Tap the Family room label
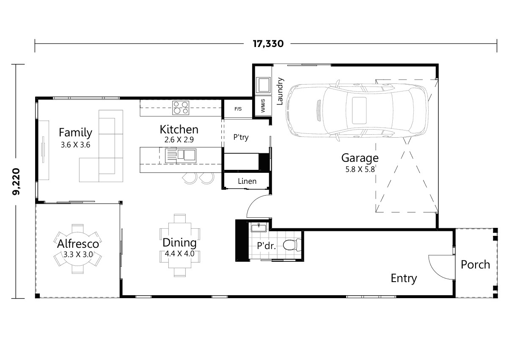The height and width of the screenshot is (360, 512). pyautogui.click(x=75, y=133)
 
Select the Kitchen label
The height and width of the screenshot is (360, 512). pyautogui.click(x=179, y=129)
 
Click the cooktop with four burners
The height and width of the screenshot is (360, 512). pyautogui.click(x=181, y=108)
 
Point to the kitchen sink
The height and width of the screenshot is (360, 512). pyautogui.click(x=186, y=155)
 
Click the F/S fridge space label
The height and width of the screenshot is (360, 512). pyautogui.click(x=238, y=109)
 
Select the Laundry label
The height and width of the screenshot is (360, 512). pyautogui.click(x=279, y=91)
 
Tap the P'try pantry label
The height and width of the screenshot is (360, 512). pyautogui.click(x=241, y=137)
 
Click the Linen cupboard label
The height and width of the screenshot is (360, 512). pyautogui.click(x=247, y=181)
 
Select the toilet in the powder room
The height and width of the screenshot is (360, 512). pyautogui.click(x=292, y=245)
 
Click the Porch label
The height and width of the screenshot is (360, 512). pyautogui.click(x=475, y=265)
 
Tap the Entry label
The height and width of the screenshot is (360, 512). pyautogui.click(x=404, y=278)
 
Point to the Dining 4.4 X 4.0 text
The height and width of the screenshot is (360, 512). pyautogui.click(x=180, y=248)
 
